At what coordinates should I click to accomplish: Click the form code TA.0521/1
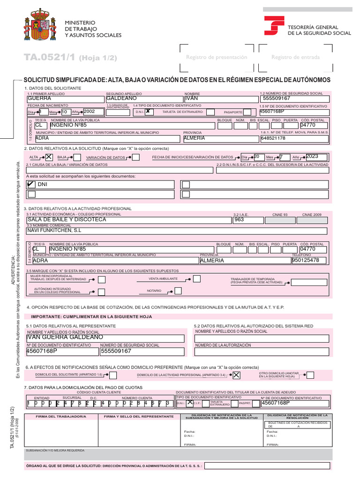50,57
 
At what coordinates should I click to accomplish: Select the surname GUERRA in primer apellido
39,99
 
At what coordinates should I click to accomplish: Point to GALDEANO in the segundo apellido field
121,99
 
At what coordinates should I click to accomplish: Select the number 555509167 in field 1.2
277,99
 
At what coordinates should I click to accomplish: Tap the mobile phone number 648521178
273,138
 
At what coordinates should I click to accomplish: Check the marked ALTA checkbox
48,157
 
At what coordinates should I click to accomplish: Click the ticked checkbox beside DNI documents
31,184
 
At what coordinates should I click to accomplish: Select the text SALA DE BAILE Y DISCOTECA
67,219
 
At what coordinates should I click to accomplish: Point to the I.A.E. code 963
239,219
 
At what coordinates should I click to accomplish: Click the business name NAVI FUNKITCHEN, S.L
54,231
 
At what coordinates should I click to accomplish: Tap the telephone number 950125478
305,260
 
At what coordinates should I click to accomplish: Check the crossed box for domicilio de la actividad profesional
236,375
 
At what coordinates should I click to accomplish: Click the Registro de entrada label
295,57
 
